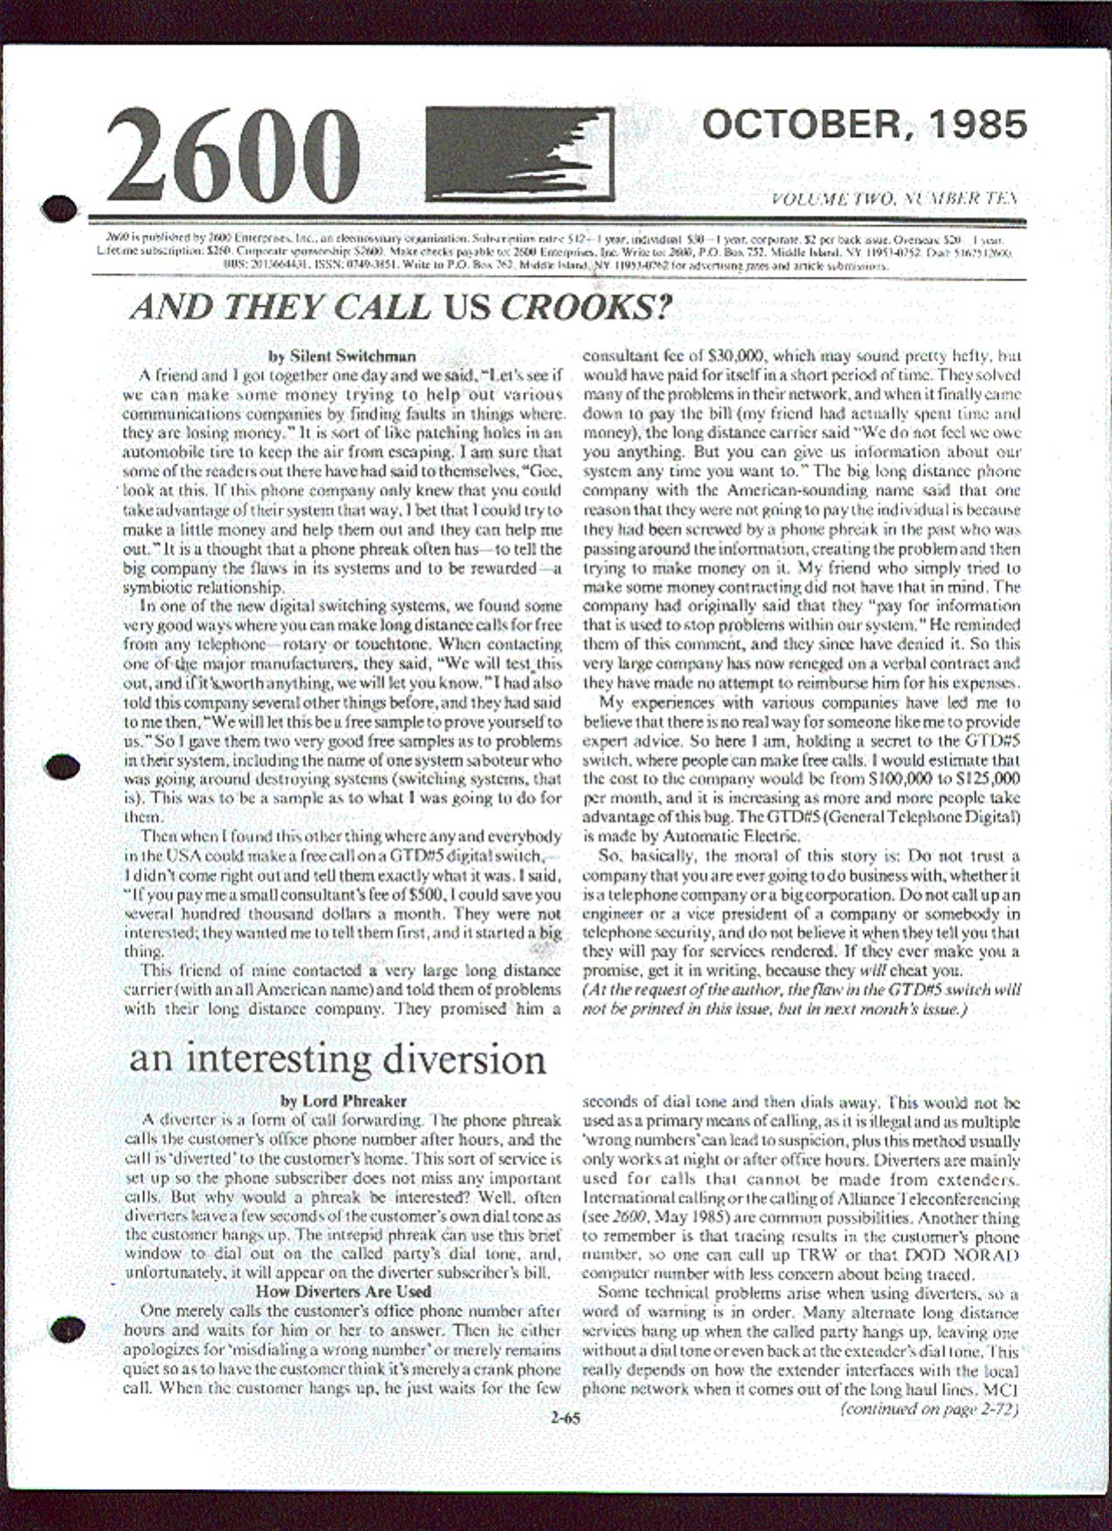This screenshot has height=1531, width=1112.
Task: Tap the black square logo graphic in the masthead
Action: (x=519, y=154)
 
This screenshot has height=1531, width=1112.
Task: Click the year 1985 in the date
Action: (x=978, y=126)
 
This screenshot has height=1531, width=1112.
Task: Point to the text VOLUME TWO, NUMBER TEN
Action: (x=895, y=199)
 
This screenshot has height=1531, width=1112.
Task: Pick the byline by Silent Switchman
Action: (x=341, y=356)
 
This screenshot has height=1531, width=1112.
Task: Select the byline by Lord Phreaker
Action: (x=343, y=1101)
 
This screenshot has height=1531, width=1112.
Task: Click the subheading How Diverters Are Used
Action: (x=343, y=1291)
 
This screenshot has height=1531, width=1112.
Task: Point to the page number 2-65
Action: (x=565, y=1418)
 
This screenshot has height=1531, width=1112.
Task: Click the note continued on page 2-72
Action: (x=929, y=1408)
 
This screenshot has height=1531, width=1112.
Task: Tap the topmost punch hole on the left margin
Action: (x=59, y=207)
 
